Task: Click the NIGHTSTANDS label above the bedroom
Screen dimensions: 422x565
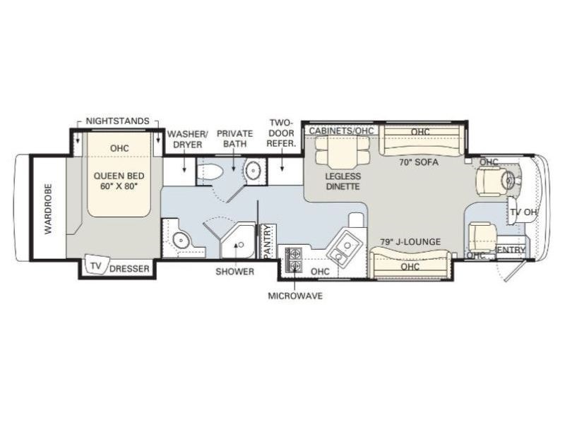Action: point(117,121)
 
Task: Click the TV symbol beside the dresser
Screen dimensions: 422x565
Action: point(95,266)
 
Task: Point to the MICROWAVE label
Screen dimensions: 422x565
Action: point(295,296)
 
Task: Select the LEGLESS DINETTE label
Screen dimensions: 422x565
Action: point(343,181)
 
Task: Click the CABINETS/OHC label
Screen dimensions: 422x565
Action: point(341,131)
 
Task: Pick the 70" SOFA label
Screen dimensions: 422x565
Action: point(419,162)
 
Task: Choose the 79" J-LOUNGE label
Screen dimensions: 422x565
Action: point(410,242)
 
